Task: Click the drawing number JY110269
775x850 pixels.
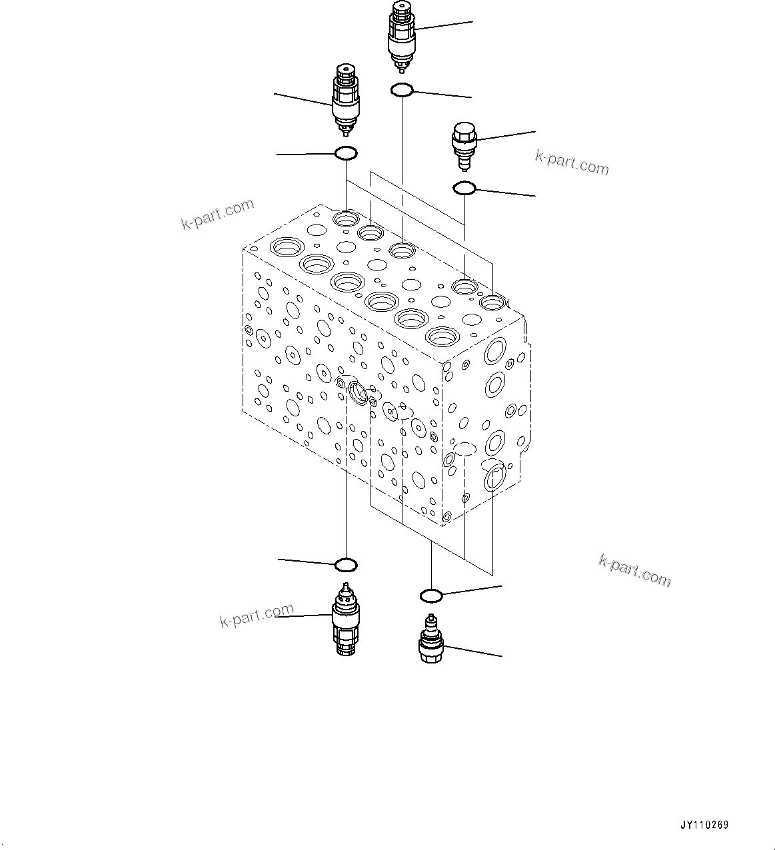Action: (704, 825)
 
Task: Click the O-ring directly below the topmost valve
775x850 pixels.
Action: (402, 89)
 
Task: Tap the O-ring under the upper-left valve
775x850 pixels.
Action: (345, 153)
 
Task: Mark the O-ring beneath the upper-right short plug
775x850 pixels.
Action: (464, 189)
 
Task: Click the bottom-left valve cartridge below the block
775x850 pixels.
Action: (345, 620)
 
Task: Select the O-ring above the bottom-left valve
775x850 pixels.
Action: (346, 566)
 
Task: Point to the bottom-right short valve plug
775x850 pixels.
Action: (430, 640)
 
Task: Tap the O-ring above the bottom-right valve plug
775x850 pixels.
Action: (431, 594)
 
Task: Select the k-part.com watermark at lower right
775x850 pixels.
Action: (634, 571)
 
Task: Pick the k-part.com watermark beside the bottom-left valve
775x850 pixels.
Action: (257, 616)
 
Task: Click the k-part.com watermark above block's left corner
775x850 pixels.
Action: (217, 214)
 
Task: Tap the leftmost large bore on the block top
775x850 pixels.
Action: (287, 248)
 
